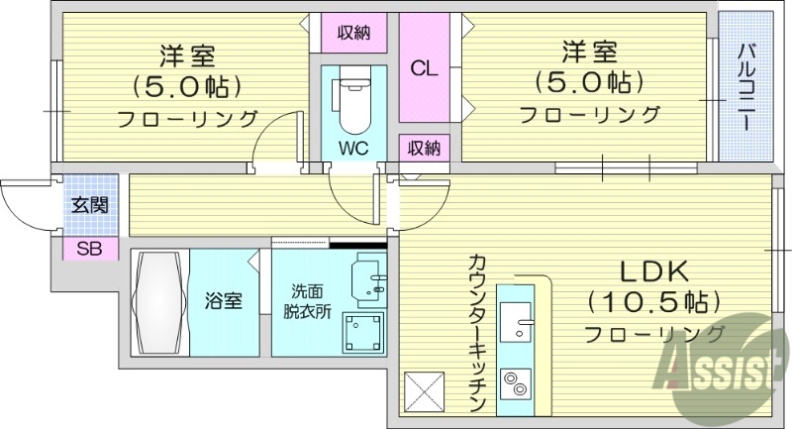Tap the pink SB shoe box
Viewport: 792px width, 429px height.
(90, 248)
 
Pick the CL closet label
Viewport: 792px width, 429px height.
(425, 68)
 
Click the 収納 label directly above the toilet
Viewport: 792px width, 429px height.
(352, 33)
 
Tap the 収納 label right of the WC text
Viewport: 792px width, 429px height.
(425, 148)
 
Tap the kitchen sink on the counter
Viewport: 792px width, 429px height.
(516, 321)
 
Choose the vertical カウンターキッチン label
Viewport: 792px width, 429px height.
(476, 333)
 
